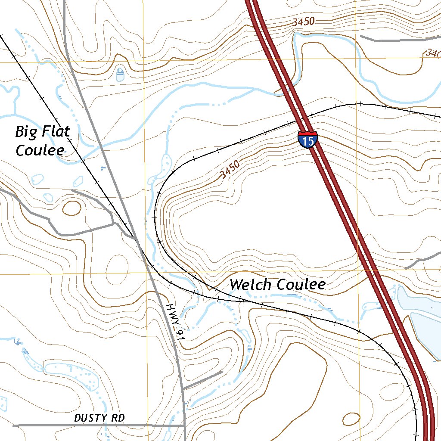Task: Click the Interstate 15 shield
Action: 307,140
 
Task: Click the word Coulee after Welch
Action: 301,285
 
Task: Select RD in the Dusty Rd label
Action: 117,418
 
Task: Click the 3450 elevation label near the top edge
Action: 304,22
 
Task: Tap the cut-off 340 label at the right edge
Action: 432,54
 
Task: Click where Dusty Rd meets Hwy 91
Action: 184,425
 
